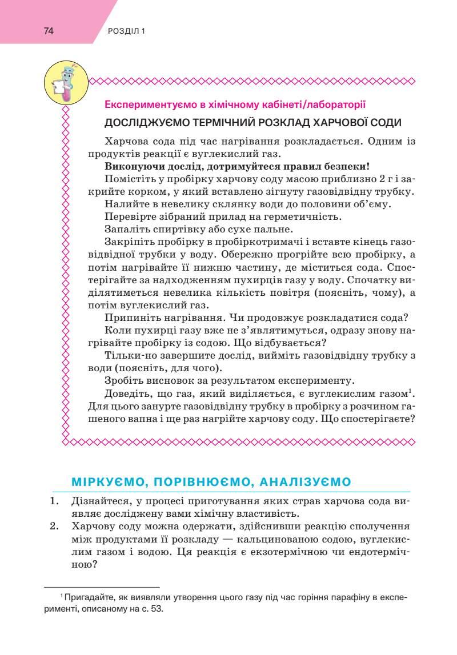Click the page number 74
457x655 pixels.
coord(48,31)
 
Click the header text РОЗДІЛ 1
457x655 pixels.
coord(126,31)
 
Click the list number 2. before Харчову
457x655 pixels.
coord(55,527)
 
